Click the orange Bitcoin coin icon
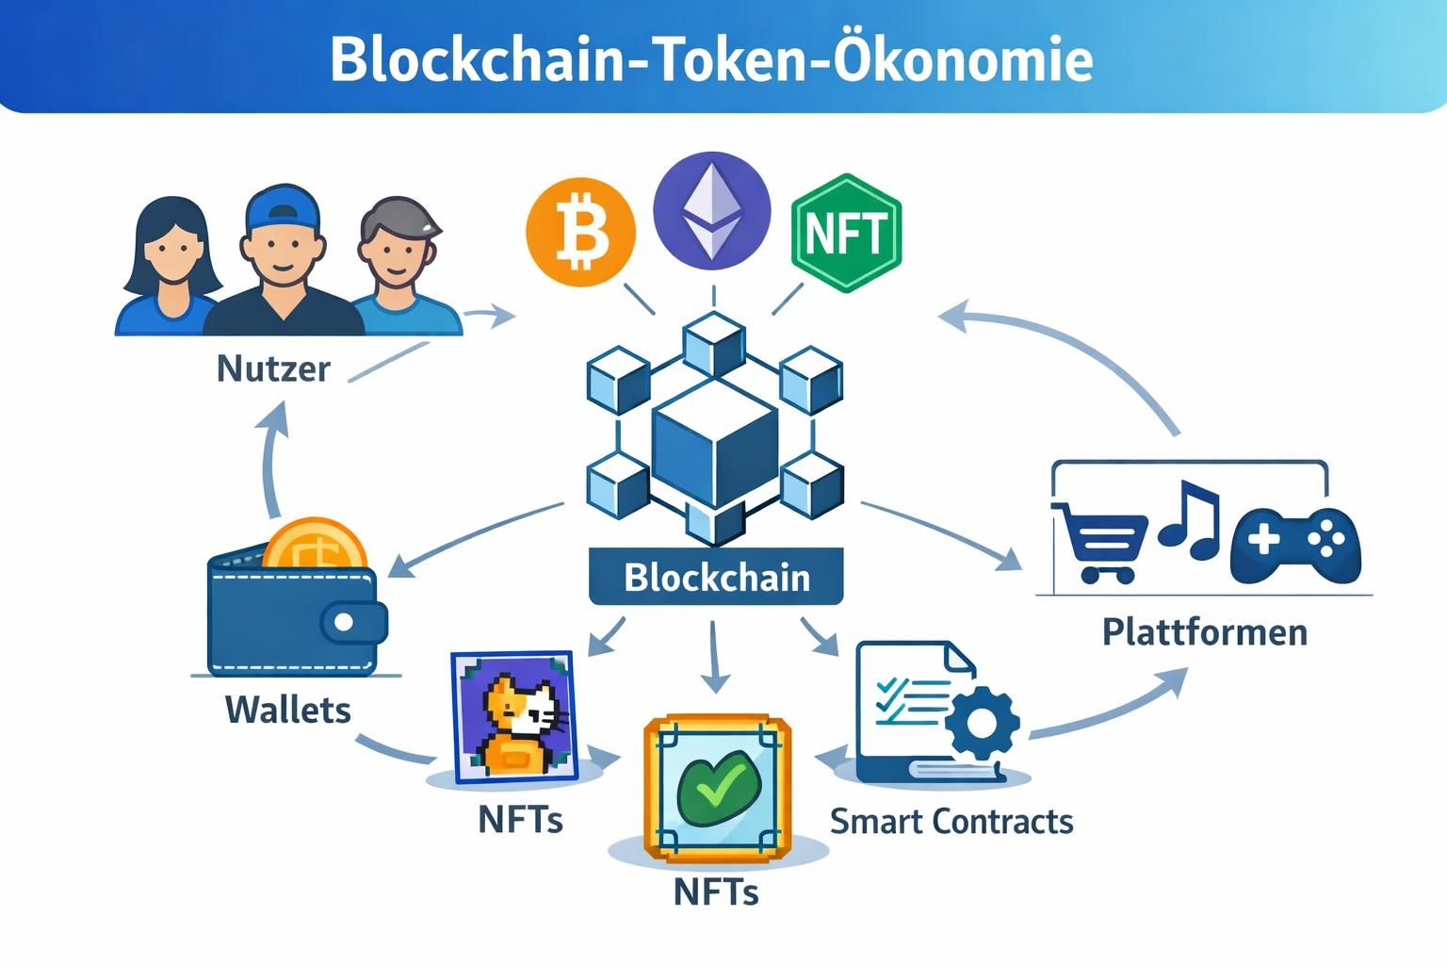coord(580,232)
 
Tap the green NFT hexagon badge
coord(846,233)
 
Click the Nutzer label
coord(273,368)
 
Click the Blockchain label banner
coord(716,577)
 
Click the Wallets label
coord(288,710)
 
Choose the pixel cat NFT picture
coord(514,717)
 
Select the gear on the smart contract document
coord(981,724)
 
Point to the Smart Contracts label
coord(951,822)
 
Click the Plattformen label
coord(1205,631)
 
